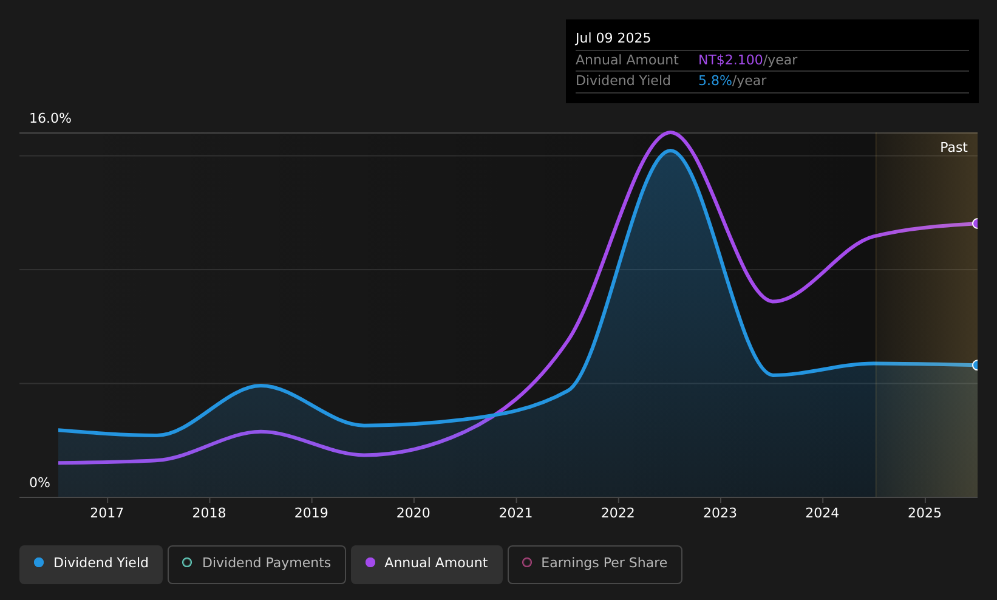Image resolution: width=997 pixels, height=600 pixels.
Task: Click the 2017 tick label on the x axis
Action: pos(107,513)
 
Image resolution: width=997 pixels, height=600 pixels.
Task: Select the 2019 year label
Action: pos(311,513)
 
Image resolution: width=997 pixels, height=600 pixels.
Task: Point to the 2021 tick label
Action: pos(516,513)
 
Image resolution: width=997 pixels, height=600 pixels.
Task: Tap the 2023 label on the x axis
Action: pos(720,513)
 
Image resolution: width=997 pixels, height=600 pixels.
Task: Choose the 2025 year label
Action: pos(924,513)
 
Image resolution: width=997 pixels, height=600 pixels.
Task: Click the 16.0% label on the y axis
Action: pos(50,118)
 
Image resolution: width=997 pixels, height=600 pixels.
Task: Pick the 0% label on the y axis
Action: pos(39,483)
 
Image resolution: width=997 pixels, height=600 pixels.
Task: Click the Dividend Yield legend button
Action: pos(91,563)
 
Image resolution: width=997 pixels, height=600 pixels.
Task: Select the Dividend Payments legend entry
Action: pos(257,563)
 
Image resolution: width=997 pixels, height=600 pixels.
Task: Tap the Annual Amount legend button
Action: pos(427,563)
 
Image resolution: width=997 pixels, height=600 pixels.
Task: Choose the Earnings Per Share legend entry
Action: pos(595,563)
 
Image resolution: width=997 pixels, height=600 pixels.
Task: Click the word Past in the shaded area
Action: pos(953,148)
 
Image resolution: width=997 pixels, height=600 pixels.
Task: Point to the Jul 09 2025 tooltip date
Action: pos(613,38)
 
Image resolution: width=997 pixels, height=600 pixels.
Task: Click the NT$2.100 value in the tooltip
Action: pos(730,60)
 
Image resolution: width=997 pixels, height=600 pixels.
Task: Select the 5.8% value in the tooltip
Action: pos(715,81)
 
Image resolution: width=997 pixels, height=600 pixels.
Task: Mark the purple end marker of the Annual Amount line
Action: pos(976,223)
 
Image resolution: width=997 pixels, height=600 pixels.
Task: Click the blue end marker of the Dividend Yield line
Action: pos(976,365)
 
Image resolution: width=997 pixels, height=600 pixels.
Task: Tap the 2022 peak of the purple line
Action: pos(670,132)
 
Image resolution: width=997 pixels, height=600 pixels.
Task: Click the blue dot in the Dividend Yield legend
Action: pos(39,562)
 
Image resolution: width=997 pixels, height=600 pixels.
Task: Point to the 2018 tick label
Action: pos(209,513)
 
